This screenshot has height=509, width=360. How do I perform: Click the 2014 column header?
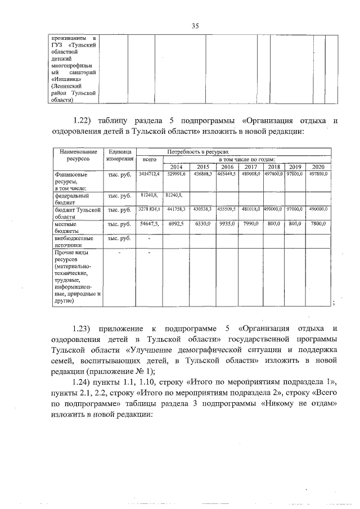point(176,167)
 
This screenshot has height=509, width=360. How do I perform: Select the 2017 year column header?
point(250,167)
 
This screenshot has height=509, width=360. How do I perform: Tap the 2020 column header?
point(318,167)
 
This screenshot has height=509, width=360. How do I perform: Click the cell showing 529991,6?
point(176,175)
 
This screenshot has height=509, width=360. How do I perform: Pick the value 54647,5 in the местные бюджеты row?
point(150,223)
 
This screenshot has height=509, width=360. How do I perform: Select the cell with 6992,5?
point(176,223)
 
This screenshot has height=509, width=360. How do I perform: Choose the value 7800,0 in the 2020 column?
point(318,223)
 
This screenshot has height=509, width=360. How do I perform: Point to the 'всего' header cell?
point(150,160)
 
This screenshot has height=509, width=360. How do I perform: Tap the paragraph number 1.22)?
point(83,120)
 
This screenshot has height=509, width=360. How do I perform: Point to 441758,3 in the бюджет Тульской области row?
point(176,209)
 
